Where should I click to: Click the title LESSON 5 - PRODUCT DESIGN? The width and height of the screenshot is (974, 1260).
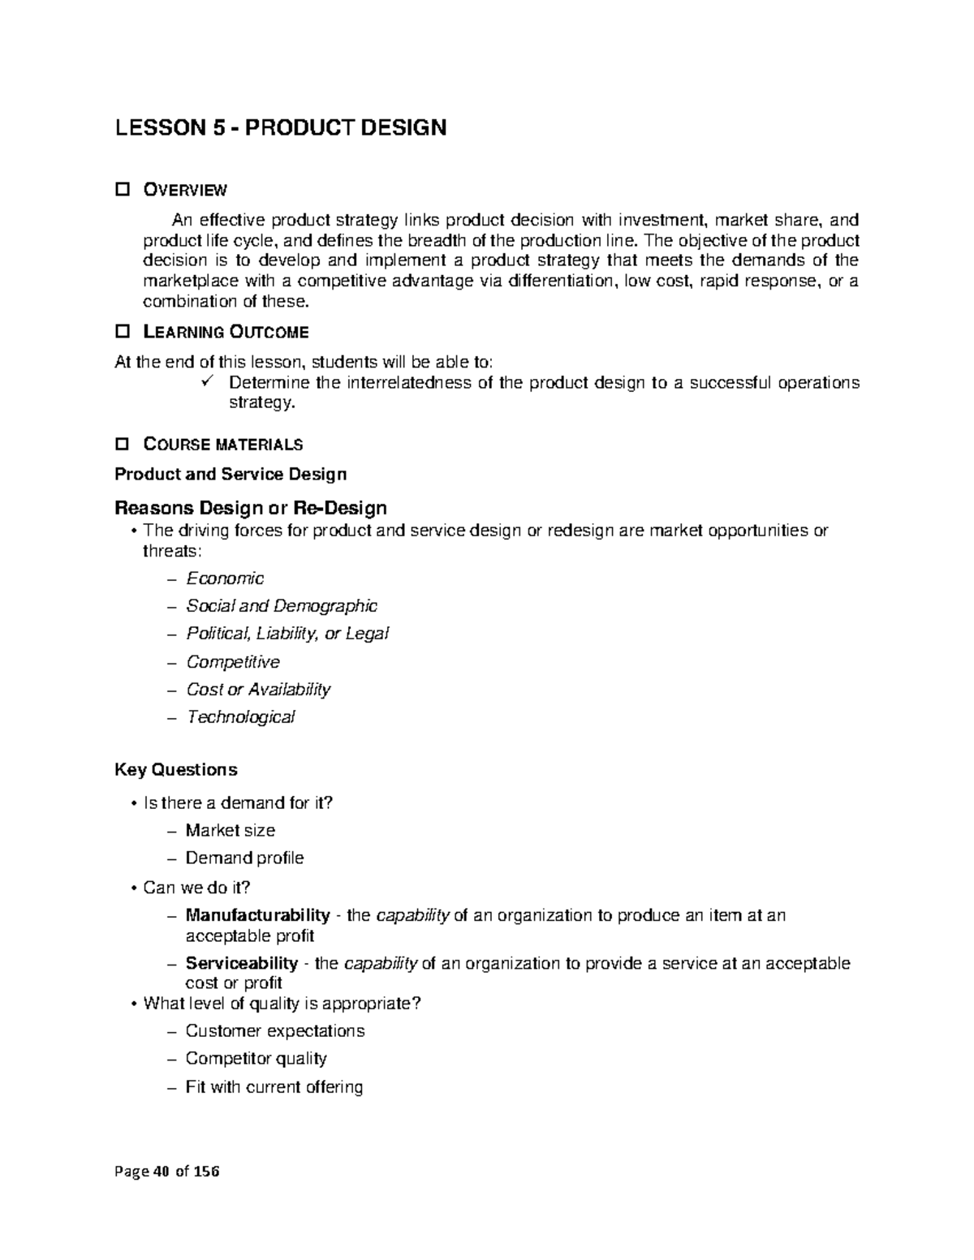click(280, 128)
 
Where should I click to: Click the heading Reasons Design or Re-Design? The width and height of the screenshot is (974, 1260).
click(250, 508)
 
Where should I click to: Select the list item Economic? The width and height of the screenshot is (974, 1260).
click(225, 578)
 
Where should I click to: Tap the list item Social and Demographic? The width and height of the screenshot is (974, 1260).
click(281, 606)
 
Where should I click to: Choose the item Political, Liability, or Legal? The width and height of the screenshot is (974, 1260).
click(287, 634)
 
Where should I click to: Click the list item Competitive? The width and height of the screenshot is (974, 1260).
click(232, 662)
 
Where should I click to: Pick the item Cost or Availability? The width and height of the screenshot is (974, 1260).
click(258, 690)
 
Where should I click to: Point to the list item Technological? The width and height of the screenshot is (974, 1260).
click(240, 717)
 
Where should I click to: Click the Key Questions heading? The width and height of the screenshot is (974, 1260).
click(176, 769)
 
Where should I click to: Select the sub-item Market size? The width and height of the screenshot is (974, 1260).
click(230, 830)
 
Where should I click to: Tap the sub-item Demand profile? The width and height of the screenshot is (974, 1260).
click(244, 858)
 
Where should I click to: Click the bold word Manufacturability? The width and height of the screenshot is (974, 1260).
click(257, 915)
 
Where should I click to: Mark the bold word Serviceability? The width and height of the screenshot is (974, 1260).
click(242, 963)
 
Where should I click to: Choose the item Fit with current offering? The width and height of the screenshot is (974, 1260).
click(274, 1086)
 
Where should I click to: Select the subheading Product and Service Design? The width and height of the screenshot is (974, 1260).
click(231, 474)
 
